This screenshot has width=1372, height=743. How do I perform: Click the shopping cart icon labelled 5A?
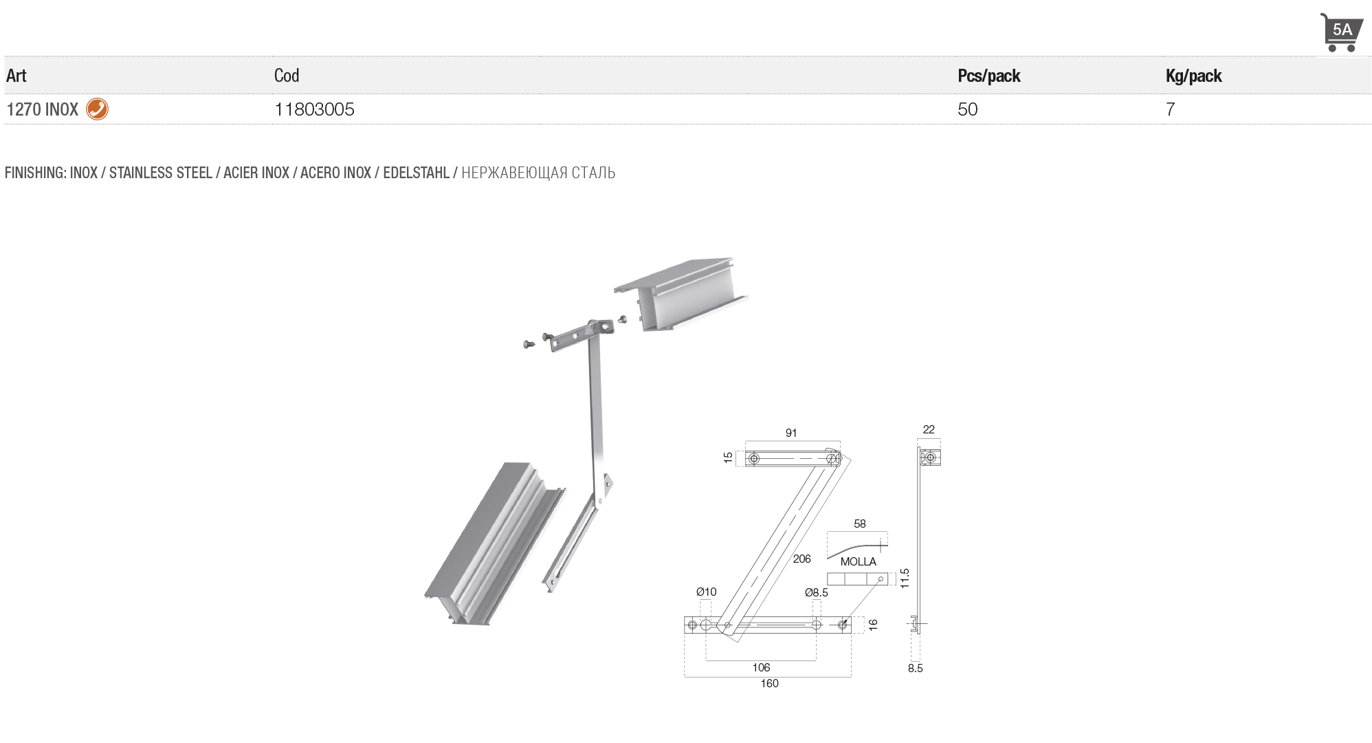(1340, 32)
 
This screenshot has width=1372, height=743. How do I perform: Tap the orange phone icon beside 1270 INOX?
(97, 109)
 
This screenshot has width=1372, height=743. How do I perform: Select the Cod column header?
(287, 76)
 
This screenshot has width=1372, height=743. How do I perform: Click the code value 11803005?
(314, 109)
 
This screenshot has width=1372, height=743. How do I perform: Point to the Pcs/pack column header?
(988, 76)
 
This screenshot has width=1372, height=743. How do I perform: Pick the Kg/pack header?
(1193, 76)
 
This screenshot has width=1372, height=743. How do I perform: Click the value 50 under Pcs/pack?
(967, 109)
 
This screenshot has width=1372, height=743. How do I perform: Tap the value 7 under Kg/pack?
(1170, 109)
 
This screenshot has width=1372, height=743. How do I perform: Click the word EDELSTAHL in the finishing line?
(416, 173)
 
